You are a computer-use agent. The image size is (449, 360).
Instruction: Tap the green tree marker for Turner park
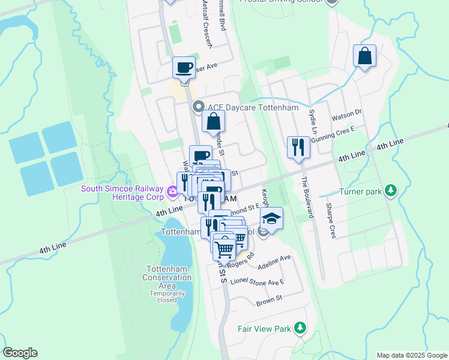pos(391,190)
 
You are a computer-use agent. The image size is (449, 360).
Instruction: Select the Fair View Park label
pos(264,329)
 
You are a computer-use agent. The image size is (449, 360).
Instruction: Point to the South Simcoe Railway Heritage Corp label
pos(123,193)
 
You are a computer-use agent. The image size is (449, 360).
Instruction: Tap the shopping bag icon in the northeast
pos(364,57)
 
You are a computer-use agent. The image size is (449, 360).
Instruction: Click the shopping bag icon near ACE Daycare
pos(213,122)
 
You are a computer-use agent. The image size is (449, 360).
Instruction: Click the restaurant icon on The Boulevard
pos(298,148)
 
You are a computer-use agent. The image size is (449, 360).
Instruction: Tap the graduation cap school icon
pos(271,219)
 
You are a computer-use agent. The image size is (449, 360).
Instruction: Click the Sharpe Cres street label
pos(330,221)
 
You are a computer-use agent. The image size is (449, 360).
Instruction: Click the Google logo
pos(20,353)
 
